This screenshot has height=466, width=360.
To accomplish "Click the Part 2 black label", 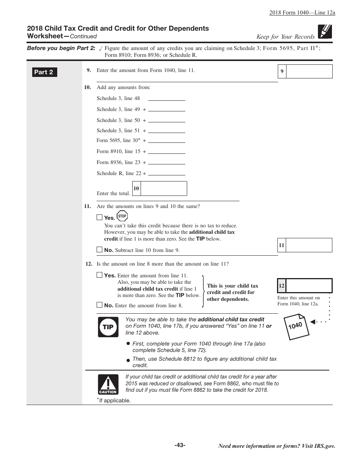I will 44,72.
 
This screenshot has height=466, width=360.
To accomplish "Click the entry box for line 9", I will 309,71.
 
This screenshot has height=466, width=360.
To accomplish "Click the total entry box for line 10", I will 163,188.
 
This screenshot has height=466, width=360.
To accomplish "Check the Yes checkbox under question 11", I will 100,217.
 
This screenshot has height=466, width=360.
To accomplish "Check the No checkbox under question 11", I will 100,250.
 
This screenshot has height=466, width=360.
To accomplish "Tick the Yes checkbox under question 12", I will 100,275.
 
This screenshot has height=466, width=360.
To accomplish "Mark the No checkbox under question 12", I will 100,305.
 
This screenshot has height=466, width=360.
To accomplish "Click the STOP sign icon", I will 122,216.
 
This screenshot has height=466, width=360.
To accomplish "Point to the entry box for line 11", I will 308,245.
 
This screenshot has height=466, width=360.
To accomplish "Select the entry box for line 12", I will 308,286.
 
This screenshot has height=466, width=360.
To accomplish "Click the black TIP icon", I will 108,327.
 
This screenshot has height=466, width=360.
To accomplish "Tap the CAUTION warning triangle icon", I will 108,384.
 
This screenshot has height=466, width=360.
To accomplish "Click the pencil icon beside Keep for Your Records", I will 325,32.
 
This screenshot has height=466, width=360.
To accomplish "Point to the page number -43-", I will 180,445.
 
